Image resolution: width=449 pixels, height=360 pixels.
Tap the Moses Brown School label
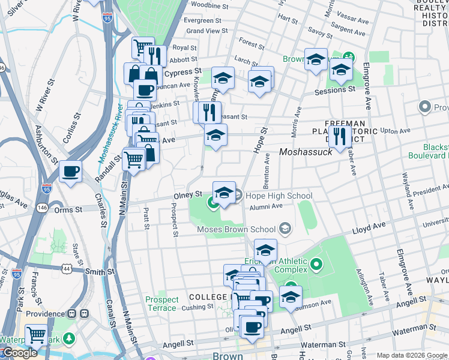237,229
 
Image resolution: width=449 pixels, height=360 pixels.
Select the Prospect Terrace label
162,304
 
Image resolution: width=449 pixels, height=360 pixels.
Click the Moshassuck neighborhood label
306,152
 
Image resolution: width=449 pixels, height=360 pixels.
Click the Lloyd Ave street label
369,227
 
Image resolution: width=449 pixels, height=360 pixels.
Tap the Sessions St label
335,90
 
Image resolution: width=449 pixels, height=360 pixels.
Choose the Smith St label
100,271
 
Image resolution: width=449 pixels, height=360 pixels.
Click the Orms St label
68,209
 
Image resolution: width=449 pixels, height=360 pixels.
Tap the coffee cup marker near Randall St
71,172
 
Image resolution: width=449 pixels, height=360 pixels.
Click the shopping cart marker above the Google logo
36,334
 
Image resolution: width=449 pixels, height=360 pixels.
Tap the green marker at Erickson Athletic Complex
318,263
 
